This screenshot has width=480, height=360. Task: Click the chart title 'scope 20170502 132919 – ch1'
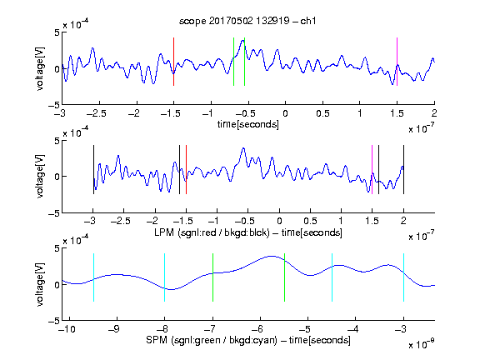247,21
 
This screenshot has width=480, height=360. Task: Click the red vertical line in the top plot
173,62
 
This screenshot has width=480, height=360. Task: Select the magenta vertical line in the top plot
397,62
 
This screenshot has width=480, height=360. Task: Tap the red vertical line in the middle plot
186,170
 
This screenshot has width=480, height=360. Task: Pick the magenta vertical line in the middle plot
372,170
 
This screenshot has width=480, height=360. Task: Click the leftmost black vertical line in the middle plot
93,170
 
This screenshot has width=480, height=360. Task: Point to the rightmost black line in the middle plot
403,170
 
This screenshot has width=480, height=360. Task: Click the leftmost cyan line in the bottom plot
93,277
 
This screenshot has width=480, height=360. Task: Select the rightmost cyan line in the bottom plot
403,277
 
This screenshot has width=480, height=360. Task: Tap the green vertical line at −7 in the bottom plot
212,277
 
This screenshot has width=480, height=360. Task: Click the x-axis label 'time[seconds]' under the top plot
248,125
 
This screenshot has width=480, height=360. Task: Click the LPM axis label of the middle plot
248,232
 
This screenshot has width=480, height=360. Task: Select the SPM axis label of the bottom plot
248,340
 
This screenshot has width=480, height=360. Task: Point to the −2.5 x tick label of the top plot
97,113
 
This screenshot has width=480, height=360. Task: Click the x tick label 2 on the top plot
434,113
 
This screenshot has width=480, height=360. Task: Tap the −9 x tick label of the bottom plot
114,329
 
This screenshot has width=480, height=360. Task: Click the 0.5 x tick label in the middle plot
310,221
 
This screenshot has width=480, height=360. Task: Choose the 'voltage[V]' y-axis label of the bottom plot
40,284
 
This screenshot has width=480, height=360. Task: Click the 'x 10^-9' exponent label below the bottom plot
422,343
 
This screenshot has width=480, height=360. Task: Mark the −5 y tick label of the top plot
54,105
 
